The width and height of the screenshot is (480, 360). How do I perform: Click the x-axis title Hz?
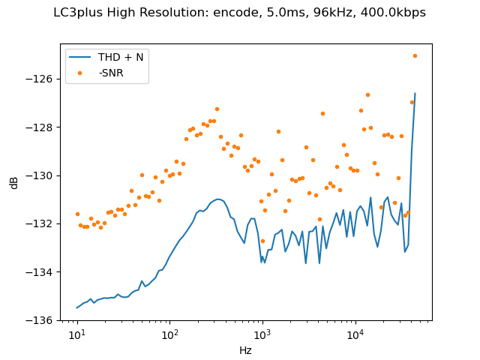pos(245,349)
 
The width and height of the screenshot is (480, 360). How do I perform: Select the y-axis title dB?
pos(14,182)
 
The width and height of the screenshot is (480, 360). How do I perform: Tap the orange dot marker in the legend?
pos(81,73)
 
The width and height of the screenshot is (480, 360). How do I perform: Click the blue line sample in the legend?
pos(81,58)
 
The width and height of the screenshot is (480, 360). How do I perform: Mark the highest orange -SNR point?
pos(415,55)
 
